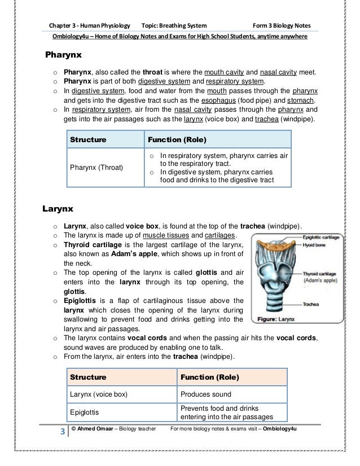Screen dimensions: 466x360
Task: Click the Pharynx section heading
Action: point(64,55)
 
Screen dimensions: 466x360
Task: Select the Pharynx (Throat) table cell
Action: point(98,168)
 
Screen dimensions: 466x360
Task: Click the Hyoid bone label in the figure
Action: point(316,245)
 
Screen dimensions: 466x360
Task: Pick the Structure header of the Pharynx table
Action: point(87,139)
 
